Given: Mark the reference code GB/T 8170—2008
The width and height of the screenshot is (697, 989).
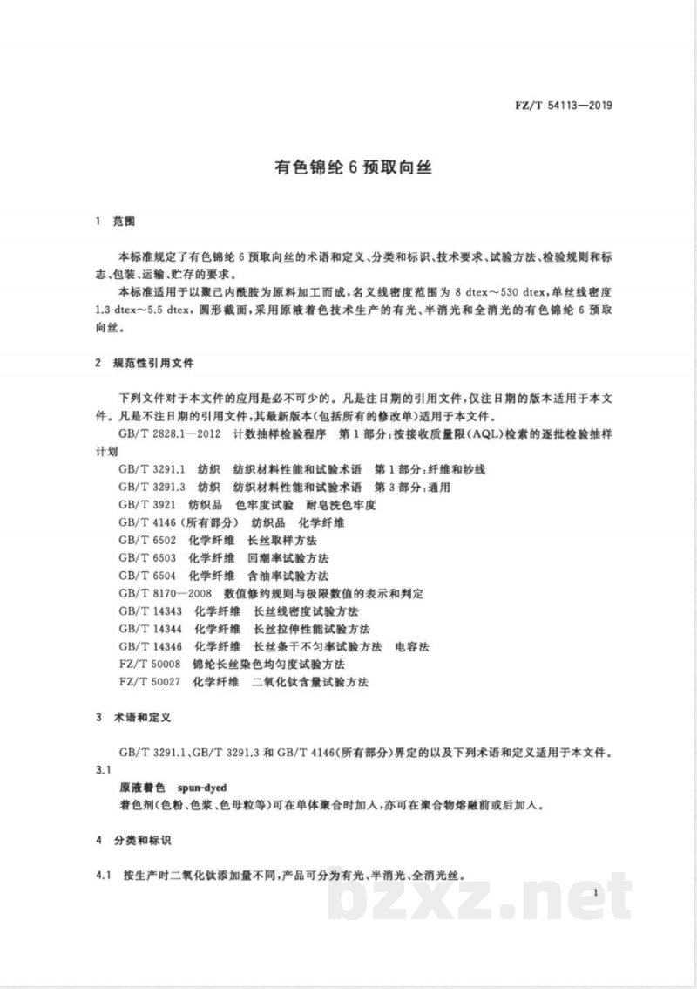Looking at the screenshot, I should [163, 593].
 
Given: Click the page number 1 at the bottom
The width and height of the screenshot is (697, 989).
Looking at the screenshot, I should [592, 892].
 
